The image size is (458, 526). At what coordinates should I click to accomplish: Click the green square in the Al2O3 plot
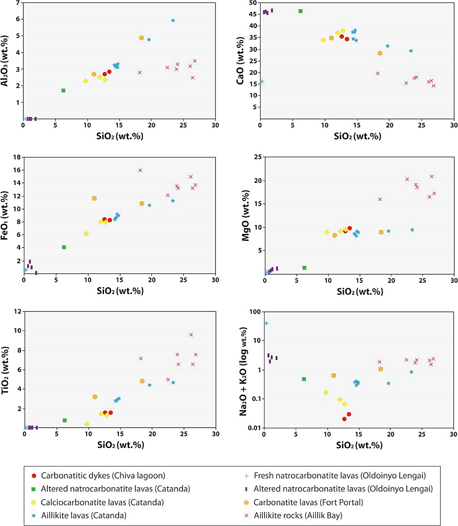coord(63,90)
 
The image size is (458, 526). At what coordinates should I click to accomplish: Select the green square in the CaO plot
coord(300,11)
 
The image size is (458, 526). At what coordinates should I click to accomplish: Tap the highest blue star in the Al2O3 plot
coord(173,20)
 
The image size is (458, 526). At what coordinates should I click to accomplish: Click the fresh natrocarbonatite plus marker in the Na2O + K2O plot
coord(266,323)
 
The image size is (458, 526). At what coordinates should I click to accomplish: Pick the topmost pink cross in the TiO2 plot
coord(191,335)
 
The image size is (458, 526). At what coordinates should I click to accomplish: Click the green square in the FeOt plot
coord(64,247)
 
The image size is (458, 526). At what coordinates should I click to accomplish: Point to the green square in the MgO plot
coord(304,268)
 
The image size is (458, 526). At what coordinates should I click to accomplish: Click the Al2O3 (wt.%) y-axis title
coord(5,61)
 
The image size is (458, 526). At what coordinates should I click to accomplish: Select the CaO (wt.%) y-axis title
coord(240,61)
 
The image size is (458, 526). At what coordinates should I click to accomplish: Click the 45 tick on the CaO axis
coord(253,14)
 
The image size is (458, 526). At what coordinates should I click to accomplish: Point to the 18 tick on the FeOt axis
coord(17,157)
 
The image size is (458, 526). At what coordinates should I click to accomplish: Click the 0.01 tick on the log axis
coord(254,428)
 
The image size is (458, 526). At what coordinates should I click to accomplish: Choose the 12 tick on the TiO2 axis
coord(18,311)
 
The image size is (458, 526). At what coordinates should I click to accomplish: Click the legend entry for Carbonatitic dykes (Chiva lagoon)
coord(103,476)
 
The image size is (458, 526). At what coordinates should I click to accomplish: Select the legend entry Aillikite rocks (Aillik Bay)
coord(298,516)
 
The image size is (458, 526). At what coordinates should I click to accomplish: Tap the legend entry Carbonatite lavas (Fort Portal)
coord(308,502)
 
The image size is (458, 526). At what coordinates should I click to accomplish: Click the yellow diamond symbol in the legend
coord(33,502)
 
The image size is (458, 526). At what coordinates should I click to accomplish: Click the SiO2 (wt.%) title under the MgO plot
coord(360,292)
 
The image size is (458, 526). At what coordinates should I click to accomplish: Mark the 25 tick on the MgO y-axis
coord(258,157)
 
